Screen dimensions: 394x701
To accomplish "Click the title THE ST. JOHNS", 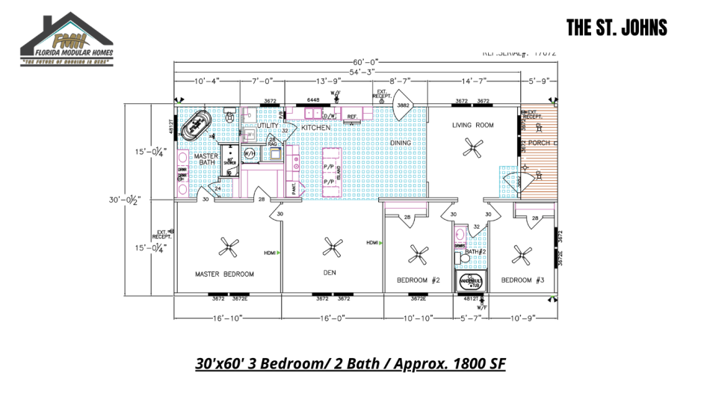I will [x=616, y=28].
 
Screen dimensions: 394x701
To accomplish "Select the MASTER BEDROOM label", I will [x=224, y=274].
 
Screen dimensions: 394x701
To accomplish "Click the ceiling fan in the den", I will [x=330, y=247].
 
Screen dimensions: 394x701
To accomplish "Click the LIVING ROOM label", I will [x=472, y=125].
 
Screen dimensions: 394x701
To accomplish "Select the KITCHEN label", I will [x=315, y=127].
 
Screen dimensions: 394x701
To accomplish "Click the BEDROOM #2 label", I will [x=417, y=280].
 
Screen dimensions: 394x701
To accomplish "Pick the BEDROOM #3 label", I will [x=522, y=280].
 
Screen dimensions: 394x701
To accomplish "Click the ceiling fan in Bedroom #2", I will [x=418, y=255].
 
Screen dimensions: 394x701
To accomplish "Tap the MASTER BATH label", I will [x=206, y=159].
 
